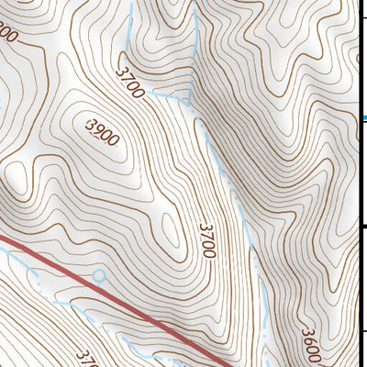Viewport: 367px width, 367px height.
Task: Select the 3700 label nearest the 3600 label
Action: pyautogui.click(x=206, y=239)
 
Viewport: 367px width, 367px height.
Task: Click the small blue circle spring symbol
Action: pyautogui.click(x=99, y=274)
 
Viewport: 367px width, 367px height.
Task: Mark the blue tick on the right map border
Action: pyautogui.click(x=364, y=117)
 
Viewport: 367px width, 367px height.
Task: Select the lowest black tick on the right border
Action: pyautogui.click(x=364, y=332)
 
